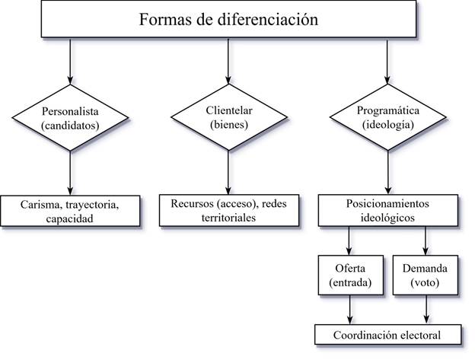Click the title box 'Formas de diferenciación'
point(228,19)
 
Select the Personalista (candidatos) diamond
point(70,117)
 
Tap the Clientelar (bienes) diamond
point(229,117)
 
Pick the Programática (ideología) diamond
point(387,117)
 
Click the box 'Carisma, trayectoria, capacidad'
point(70,211)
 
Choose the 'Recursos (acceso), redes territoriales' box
point(229,210)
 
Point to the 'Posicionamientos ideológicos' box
point(388,210)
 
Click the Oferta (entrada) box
point(351,275)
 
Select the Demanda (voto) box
point(426,275)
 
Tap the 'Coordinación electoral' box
point(388,335)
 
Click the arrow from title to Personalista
point(70,61)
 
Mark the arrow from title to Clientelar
point(228,61)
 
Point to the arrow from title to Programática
point(387,61)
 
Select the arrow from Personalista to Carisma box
point(70,174)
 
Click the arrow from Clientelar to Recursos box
point(228,173)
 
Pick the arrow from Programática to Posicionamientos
point(388,173)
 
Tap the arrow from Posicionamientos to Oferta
point(349,241)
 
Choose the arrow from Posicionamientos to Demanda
point(426,241)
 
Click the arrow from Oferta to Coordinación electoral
point(350,310)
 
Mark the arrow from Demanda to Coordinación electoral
point(426,310)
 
